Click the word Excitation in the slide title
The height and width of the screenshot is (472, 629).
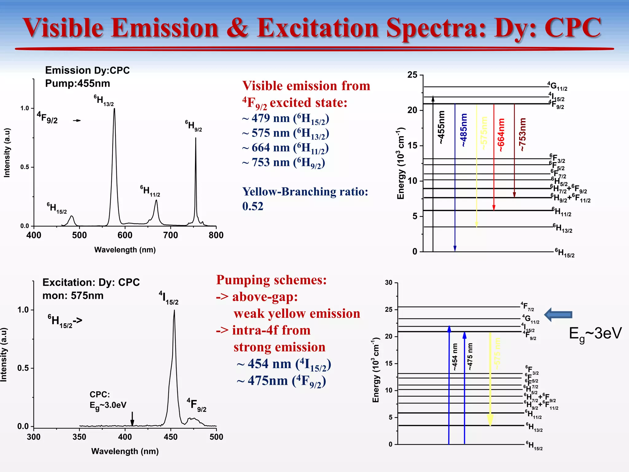(318, 28)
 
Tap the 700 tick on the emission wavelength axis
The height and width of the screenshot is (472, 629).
(170, 235)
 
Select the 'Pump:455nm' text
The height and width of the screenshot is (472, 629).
(77, 84)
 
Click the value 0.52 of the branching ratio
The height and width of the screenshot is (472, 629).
(253, 206)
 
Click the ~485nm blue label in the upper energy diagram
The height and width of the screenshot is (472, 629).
(464, 130)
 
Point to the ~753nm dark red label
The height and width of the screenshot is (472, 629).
(522, 135)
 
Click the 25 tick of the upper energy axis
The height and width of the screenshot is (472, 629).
(412, 75)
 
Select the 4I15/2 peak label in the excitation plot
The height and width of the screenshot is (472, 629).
(168, 298)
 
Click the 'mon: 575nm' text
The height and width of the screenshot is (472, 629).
(73, 296)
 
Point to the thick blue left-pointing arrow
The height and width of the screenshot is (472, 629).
(558, 314)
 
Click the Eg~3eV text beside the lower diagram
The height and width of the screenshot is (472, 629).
(595, 334)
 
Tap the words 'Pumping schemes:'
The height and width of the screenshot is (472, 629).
(272, 280)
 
